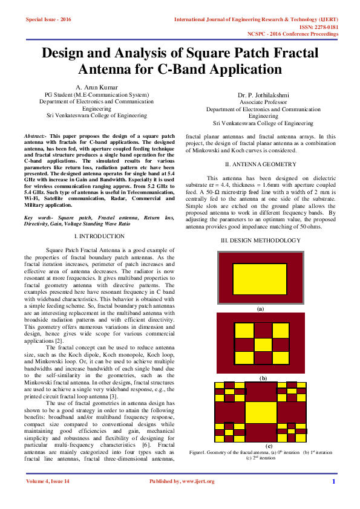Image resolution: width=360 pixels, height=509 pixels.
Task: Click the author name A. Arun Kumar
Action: pyautogui.click(x=97, y=88)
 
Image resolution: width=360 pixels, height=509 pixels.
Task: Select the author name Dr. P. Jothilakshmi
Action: pyautogui.click(x=263, y=96)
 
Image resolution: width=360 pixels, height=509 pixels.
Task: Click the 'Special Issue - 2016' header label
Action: pyautogui.click(x=48, y=20)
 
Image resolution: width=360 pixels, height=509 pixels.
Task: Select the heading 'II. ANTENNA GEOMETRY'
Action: pyautogui.click(x=260, y=164)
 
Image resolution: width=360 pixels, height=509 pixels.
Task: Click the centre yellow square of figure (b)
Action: pyautogui.click(x=263, y=345)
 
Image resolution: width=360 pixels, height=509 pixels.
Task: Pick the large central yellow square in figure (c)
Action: pyautogui.click(x=261, y=412)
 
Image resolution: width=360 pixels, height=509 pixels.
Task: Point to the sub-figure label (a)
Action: pyautogui.click(x=261, y=308)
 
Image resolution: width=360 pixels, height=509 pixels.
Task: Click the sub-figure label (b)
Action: pyautogui.click(x=263, y=378)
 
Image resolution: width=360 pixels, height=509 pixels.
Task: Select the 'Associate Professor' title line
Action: pyautogui.click(x=263, y=103)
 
